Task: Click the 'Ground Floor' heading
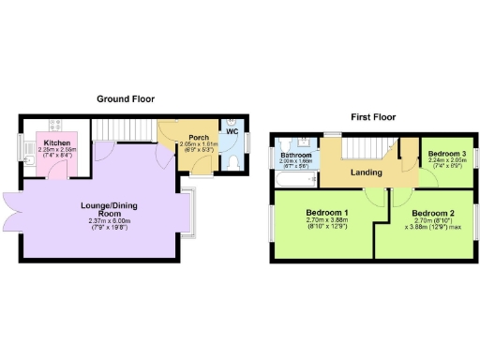pos(127,98)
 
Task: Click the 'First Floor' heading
pos(372,117)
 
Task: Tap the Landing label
pos(366,172)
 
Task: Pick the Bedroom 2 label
pos(432,214)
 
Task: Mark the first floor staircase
pos(366,148)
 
